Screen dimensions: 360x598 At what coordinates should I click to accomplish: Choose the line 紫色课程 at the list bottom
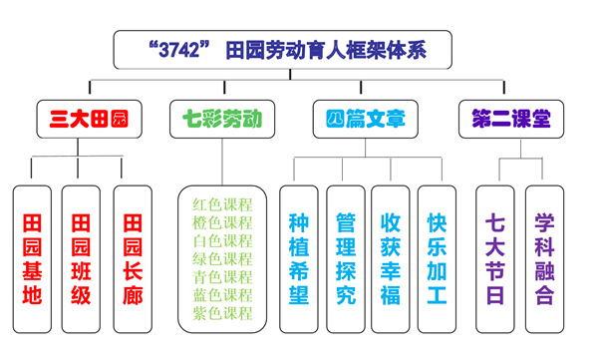pyautogui.click(x=222, y=313)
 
